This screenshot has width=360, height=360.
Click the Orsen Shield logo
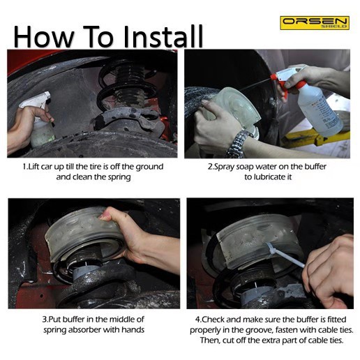click(x=315, y=23)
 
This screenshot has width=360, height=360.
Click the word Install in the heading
click(x=163, y=37)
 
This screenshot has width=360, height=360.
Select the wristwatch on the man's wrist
click(x=239, y=144)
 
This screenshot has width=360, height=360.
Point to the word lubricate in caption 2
click(x=267, y=177)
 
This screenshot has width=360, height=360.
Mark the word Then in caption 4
click(x=209, y=340)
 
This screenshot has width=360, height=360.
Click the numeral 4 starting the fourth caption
click(x=197, y=320)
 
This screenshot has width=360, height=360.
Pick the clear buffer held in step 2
click(x=232, y=107)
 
